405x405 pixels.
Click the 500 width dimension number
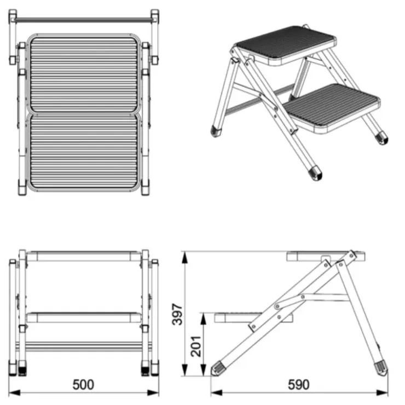tap(83, 385)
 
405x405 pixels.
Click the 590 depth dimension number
tap(299, 385)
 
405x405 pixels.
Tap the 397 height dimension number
tap(177, 314)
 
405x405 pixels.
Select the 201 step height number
tap(196, 346)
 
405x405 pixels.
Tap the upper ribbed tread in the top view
tap(84, 75)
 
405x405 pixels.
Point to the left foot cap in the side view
tap(218, 368)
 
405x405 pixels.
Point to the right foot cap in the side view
tap(381, 369)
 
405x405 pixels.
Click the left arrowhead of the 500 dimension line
tap(14, 392)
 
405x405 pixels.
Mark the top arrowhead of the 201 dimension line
tap(204, 319)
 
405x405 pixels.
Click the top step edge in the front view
tap(84, 256)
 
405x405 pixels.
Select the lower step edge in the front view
tap(84, 317)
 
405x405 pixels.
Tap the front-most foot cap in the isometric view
tap(315, 173)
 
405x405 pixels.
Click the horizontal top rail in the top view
tap(83, 20)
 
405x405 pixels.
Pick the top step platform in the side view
tap(326, 256)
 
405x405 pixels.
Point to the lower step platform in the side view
tap(253, 317)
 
